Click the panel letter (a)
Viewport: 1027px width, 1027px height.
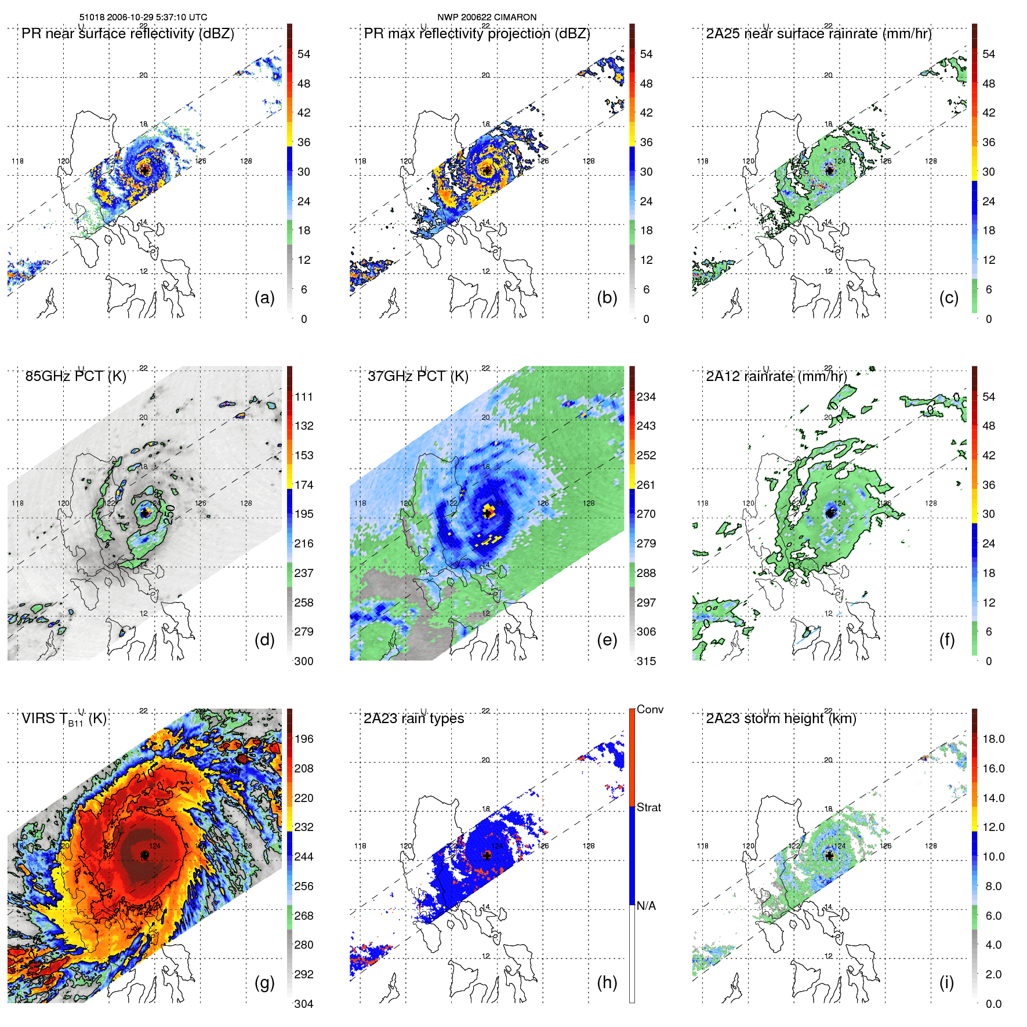tap(264, 298)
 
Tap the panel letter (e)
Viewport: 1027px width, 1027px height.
tap(607, 640)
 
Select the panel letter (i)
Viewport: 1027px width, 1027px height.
tap(946, 982)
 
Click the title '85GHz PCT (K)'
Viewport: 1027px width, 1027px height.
tap(75, 376)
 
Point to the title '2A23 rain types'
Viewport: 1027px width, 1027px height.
tap(413, 718)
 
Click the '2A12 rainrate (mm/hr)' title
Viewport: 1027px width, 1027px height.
tap(776, 376)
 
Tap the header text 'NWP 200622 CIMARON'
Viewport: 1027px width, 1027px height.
tap(487, 17)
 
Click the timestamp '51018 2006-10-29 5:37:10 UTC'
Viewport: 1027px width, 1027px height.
tap(143, 17)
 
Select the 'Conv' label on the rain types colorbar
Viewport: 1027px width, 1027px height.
tap(649, 710)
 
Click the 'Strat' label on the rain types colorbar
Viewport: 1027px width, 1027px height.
tap(648, 807)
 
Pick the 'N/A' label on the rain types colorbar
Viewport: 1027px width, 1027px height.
tap(646, 906)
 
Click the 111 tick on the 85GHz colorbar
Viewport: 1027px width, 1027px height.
tap(304, 397)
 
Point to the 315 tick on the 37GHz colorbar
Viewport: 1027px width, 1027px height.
tap(646, 661)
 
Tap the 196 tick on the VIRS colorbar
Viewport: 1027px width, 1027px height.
tap(304, 739)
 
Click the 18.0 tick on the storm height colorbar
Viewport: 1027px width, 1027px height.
tap(993, 739)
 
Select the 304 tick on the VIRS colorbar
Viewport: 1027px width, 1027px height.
tap(304, 1004)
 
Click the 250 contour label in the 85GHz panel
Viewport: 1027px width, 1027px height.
tap(169, 514)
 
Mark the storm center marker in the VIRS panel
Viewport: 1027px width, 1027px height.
tap(144, 855)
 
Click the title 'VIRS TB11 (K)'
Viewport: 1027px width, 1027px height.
tap(64, 719)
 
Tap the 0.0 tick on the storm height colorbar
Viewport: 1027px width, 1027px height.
tap(993, 1004)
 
